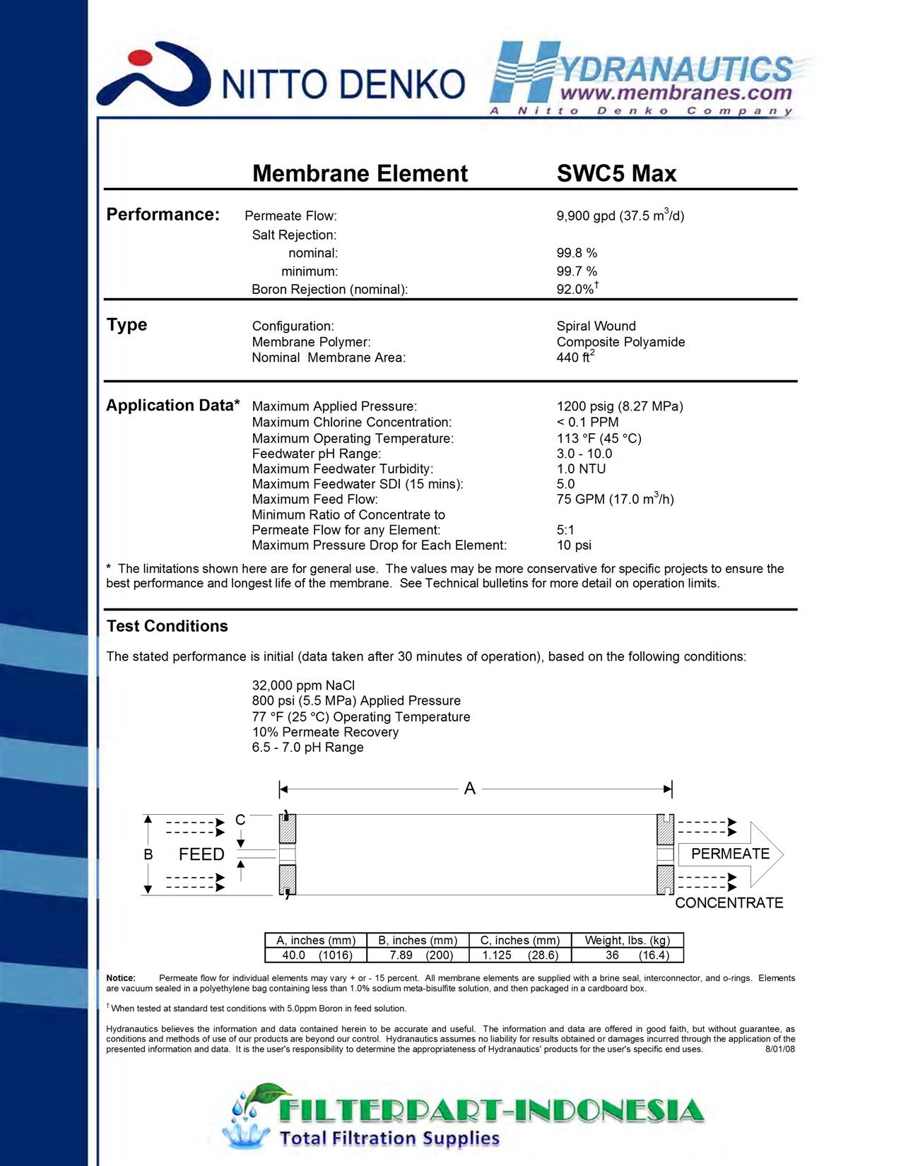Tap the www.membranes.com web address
(676, 93)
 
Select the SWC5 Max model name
(616, 174)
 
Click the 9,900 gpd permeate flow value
(620, 216)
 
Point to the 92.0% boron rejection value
(576, 289)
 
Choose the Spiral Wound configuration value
(596, 326)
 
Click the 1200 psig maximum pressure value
(619, 406)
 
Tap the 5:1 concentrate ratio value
(565, 530)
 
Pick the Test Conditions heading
(167, 626)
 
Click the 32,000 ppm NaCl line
(303, 685)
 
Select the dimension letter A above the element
(470, 789)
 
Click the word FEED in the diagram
(201, 854)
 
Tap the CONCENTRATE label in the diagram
(729, 903)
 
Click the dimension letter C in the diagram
(240, 820)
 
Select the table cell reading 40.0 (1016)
(316, 955)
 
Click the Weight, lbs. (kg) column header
(627, 941)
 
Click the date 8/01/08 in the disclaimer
(779, 1049)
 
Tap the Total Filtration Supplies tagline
(389, 1138)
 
